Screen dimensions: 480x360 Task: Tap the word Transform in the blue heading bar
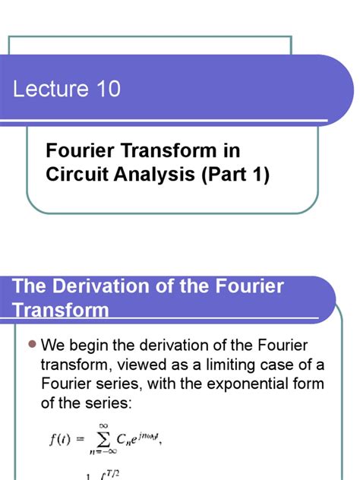[x=62, y=311]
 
